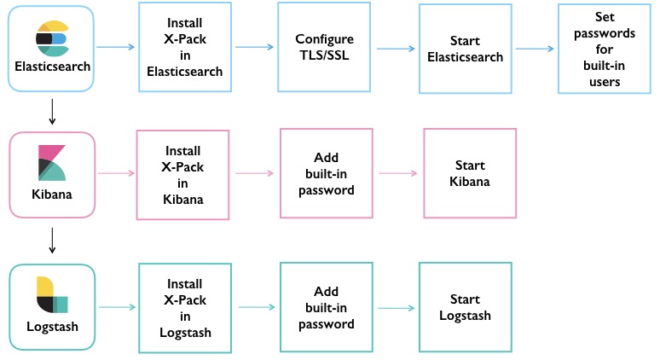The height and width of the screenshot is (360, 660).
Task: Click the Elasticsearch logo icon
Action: [51, 38]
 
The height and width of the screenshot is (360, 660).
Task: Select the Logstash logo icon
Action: [51, 294]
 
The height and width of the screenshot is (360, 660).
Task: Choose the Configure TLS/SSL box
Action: [325, 48]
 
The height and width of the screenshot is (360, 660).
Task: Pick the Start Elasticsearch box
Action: [465, 49]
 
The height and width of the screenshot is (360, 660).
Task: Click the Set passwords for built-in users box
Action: [605, 49]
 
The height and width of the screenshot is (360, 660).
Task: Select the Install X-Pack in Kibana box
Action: [183, 173]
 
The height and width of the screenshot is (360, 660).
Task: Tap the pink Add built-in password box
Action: [326, 173]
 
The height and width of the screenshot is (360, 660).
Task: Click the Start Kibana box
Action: [470, 173]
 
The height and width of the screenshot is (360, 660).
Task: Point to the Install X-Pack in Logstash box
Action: [184, 307]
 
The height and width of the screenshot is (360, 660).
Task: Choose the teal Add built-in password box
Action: [326, 307]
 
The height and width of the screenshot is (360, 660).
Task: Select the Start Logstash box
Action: [465, 307]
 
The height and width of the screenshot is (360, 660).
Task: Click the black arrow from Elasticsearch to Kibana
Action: [52, 111]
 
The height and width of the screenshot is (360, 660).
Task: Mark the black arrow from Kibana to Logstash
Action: [52, 240]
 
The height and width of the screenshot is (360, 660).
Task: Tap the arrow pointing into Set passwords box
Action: [535, 48]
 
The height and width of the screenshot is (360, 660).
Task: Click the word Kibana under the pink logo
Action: [51, 194]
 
